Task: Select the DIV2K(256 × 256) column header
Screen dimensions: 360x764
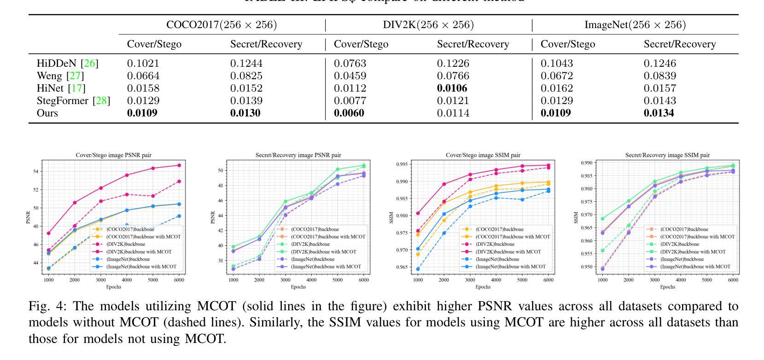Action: point(428,25)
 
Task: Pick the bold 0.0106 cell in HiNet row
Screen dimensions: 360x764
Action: point(452,88)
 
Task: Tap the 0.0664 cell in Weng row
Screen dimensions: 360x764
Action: point(143,75)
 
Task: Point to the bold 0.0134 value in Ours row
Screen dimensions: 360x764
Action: point(659,113)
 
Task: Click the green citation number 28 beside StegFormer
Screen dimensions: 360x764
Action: point(102,100)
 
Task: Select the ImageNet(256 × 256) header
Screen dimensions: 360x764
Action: point(635,25)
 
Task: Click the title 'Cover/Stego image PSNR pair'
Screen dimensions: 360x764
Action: point(113,155)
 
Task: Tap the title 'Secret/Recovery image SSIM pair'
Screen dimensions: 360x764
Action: point(667,155)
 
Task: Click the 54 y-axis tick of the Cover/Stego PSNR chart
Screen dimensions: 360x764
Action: point(36,172)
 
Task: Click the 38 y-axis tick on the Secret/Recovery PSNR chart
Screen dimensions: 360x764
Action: point(219,261)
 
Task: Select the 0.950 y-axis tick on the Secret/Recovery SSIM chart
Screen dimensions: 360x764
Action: point(588,267)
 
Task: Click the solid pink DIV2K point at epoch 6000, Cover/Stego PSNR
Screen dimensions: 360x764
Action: point(179,165)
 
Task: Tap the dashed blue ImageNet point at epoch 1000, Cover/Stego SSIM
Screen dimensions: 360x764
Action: point(418,269)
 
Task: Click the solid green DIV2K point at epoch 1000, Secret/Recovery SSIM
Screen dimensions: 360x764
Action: point(602,219)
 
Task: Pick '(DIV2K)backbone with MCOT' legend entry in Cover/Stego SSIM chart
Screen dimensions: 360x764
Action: point(508,252)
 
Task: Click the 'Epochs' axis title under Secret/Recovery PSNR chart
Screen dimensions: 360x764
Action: point(298,287)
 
